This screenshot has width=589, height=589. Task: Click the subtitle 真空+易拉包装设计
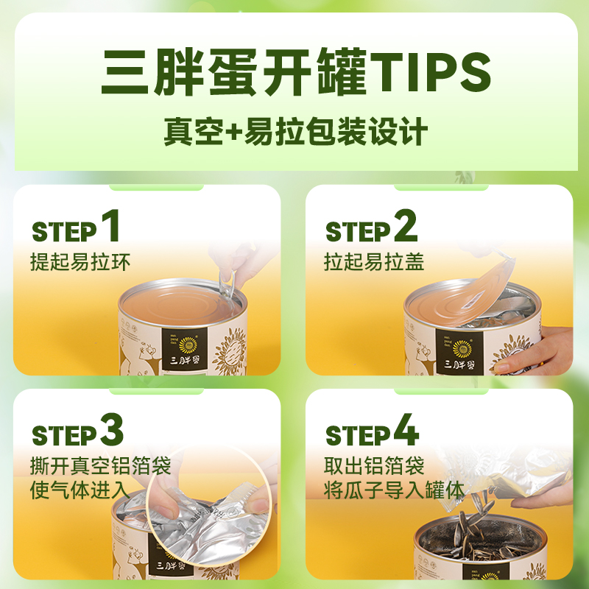(295, 133)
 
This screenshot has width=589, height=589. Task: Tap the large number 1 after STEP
(110, 226)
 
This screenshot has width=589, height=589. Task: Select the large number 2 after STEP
(405, 226)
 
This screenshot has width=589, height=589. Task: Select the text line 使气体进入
(80, 490)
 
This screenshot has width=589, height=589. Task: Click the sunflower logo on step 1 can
(188, 342)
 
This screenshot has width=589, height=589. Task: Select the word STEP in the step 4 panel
(358, 436)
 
